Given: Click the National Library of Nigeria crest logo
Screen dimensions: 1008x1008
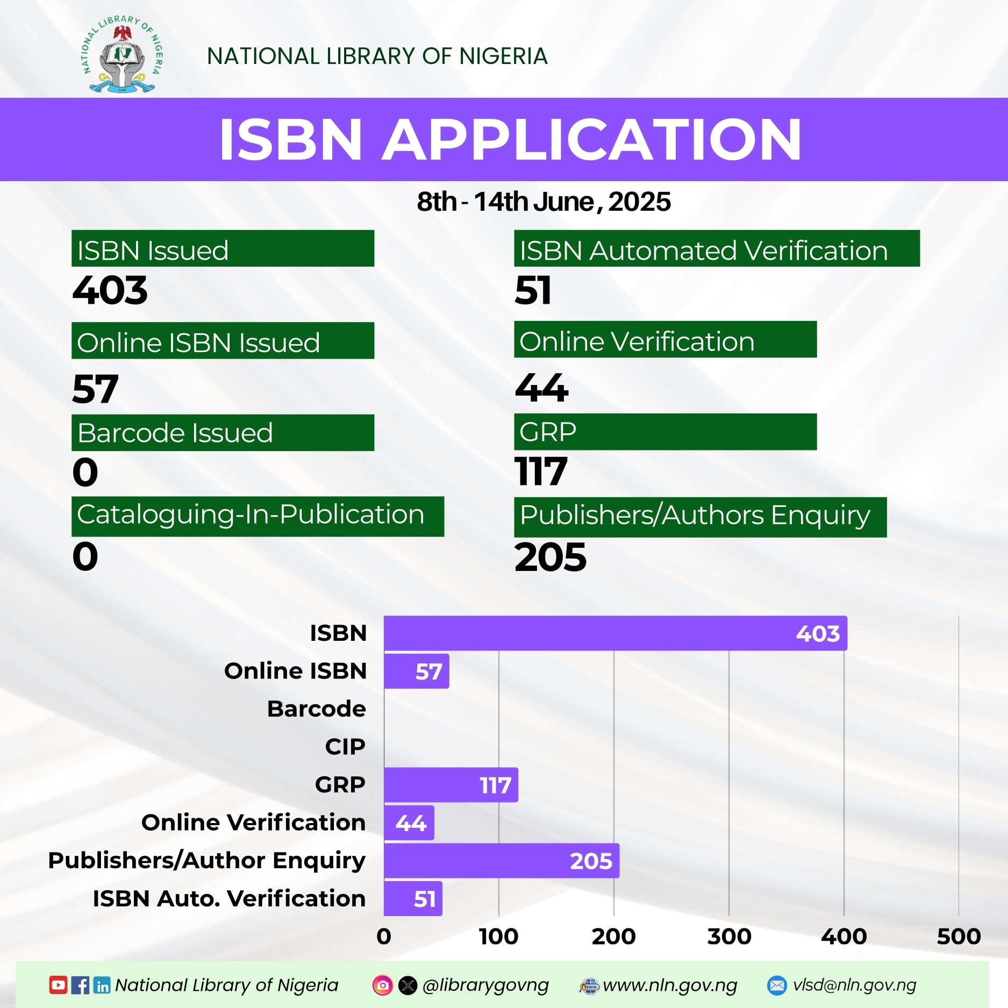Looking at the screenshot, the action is click(122, 54).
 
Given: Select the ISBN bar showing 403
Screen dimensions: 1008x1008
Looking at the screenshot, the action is click(616, 633).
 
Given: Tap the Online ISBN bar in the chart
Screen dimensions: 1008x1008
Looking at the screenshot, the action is click(417, 671).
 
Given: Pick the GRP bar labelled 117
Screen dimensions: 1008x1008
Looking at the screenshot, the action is click(451, 785).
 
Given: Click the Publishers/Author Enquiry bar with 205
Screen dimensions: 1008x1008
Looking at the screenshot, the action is click(502, 861).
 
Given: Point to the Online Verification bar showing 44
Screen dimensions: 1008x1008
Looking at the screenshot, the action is click(409, 823).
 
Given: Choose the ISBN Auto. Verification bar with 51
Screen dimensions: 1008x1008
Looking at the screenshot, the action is click(413, 898).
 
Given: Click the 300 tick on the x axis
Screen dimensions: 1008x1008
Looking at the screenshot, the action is click(729, 936).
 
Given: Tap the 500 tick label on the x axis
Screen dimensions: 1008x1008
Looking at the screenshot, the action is click(959, 936).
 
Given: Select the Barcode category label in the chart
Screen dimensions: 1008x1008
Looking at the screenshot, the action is click(317, 709).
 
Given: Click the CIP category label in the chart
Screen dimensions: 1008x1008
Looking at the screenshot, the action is click(345, 747).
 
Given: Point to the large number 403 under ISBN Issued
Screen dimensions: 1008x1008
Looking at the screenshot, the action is click(110, 290).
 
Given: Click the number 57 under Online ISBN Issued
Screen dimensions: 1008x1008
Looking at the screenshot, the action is click(95, 389).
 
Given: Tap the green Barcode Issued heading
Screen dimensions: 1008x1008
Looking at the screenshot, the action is click(223, 433).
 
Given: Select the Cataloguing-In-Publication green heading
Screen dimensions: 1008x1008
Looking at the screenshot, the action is click(258, 516).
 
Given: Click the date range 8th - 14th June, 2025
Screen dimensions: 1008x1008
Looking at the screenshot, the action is click(544, 202).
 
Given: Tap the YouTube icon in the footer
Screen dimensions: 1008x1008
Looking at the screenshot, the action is click(58, 985).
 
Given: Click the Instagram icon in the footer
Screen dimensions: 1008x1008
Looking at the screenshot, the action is click(383, 985).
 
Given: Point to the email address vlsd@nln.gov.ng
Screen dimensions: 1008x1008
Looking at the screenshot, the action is click(854, 985).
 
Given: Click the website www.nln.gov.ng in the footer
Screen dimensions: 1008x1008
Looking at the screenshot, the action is click(670, 985).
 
